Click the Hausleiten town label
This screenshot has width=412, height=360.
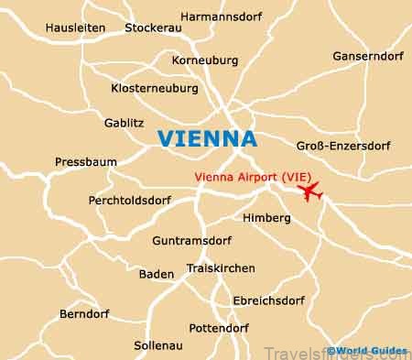75,27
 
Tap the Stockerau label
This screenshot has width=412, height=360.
154,27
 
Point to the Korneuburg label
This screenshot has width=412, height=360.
205,60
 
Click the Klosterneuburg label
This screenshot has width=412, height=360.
154,89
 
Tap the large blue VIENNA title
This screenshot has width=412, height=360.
207,137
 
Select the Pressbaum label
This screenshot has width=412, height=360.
86,161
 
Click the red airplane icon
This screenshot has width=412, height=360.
311,192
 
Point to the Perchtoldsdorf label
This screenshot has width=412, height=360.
129,199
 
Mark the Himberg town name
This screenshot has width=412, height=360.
266,218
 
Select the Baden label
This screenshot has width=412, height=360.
157,273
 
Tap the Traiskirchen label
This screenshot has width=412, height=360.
221,268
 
